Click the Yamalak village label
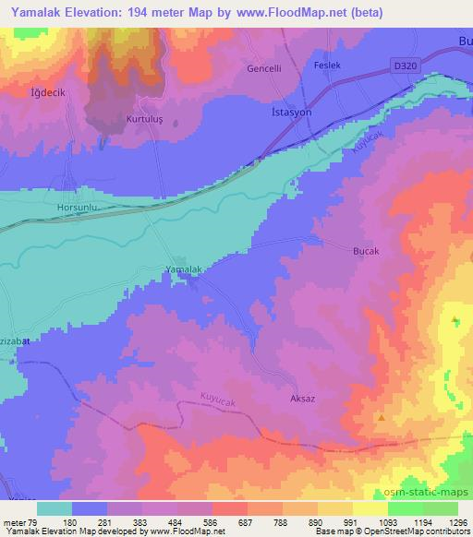[x=181, y=268]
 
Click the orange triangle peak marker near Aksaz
[x=382, y=417]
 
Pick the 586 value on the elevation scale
[x=229, y=521]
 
